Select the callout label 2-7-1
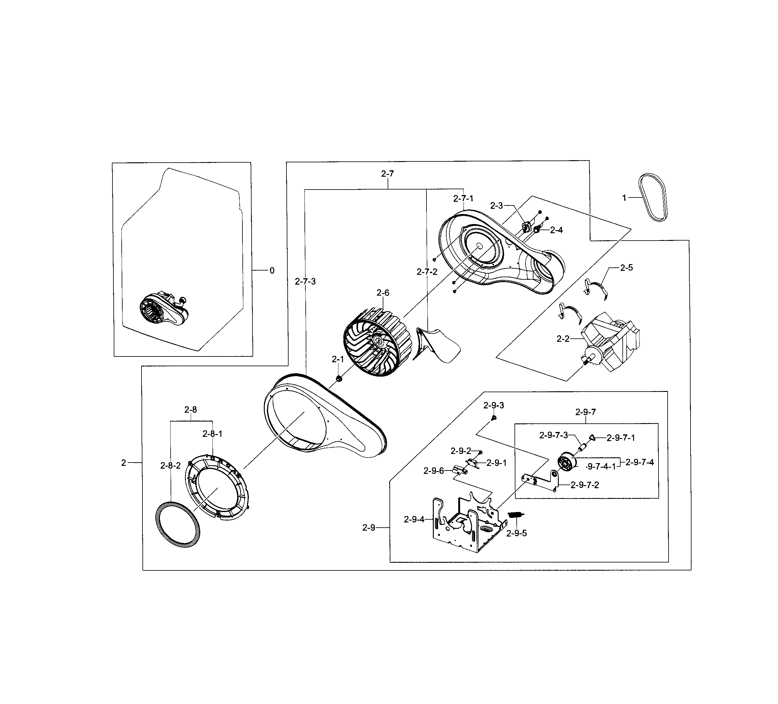point(463,198)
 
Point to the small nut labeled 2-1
point(339,379)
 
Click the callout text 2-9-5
point(516,533)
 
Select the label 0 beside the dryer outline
point(272,271)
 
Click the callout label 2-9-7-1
point(621,438)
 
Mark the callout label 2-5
point(626,268)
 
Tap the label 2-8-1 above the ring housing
point(212,434)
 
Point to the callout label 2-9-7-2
point(585,485)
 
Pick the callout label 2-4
point(556,230)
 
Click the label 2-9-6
point(433,471)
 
